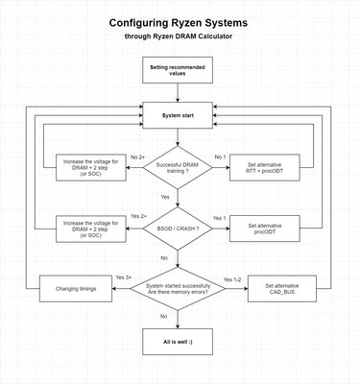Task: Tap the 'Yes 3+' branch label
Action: [x=123, y=277]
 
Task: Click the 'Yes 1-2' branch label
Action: [x=230, y=278]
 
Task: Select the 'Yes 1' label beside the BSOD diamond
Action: [x=220, y=218]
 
